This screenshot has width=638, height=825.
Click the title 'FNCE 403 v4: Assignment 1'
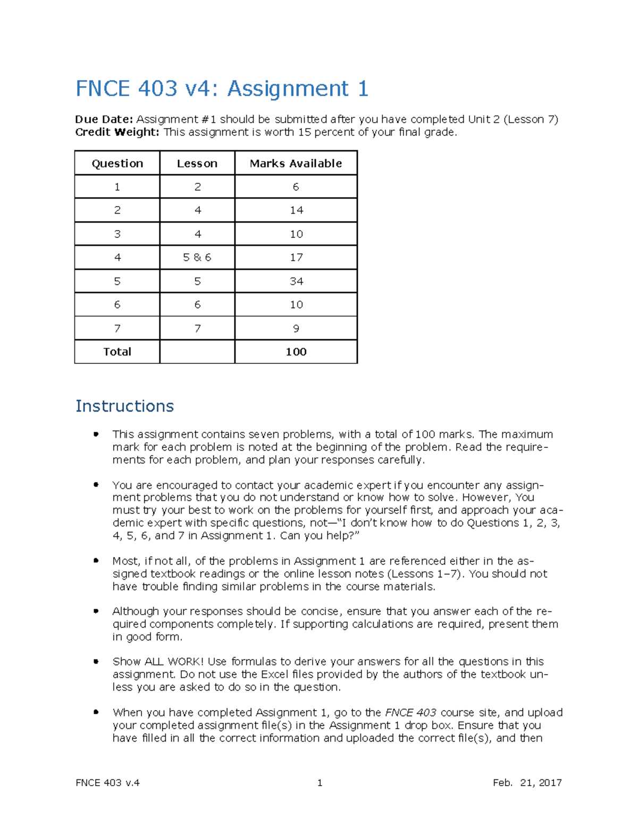(222, 88)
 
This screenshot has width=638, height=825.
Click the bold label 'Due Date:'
(104, 120)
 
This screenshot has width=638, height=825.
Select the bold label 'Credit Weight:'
(117, 132)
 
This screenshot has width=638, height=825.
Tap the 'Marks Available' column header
(296, 164)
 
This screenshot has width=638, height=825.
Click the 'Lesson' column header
(197, 164)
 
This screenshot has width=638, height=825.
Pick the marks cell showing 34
(296, 281)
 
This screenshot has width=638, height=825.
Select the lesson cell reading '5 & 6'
(197, 258)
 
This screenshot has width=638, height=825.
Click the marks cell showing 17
(296, 258)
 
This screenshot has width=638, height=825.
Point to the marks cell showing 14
(296, 210)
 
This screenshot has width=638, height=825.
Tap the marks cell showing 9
(296, 328)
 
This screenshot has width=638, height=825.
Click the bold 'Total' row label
(117, 352)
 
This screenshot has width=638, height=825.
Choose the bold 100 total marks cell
(296, 352)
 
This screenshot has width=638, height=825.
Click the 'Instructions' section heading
(124, 406)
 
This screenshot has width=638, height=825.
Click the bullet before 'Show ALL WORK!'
(96, 661)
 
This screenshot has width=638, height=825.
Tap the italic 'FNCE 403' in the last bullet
(410, 712)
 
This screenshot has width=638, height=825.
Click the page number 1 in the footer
(320, 783)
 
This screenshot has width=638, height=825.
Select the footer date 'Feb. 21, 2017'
(527, 783)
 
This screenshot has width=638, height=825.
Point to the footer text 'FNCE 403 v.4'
(107, 783)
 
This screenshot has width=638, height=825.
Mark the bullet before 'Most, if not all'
(96, 560)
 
